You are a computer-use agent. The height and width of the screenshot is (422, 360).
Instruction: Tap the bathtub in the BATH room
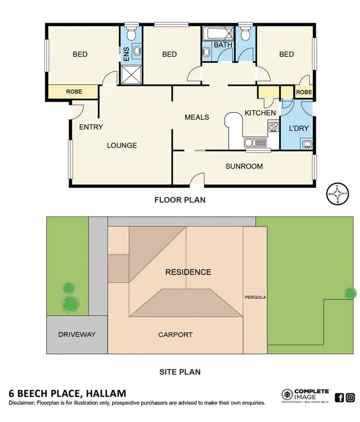(x=216, y=34)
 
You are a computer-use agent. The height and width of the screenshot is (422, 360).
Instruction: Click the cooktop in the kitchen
(x=274, y=127)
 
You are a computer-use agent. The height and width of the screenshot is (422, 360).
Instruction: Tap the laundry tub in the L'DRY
(x=306, y=143)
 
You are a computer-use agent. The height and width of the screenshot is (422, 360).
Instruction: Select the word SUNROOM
(x=244, y=166)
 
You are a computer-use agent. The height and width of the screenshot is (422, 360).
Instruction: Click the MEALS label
(x=197, y=117)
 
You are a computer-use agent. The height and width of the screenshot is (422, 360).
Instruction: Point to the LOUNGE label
(x=121, y=145)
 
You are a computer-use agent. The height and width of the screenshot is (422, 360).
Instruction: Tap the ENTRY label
(x=91, y=127)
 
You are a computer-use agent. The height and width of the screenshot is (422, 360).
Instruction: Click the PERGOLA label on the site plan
(x=255, y=297)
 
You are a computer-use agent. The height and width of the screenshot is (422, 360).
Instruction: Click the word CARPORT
(x=175, y=335)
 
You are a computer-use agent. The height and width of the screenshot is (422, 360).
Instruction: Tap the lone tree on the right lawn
(x=350, y=293)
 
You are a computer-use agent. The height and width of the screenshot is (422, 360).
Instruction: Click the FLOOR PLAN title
(x=180, y=199)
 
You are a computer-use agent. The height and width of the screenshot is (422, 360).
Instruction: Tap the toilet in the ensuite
(x=130, y=33)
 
